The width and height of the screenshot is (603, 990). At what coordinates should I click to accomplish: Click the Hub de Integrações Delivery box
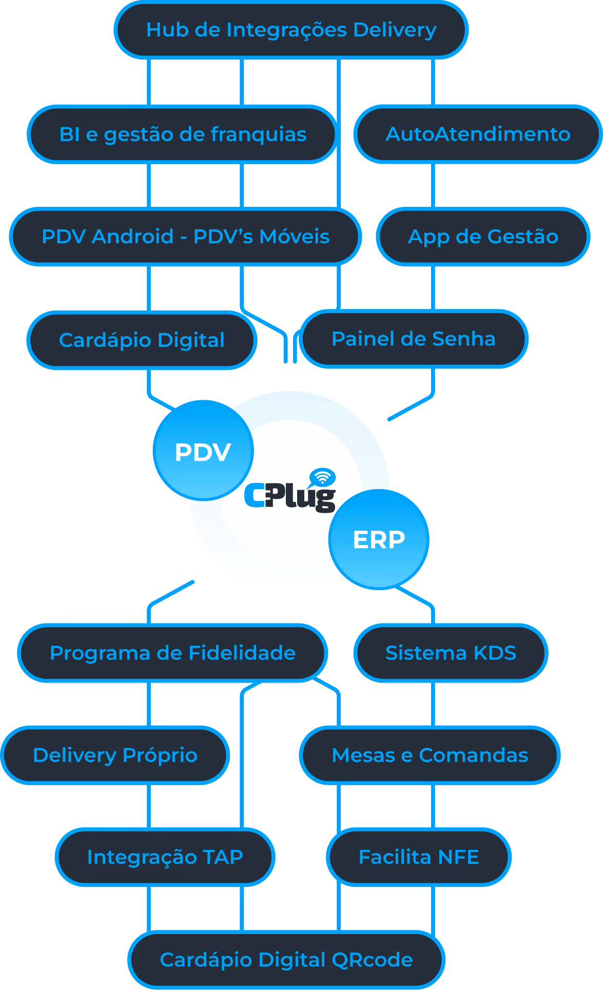291,30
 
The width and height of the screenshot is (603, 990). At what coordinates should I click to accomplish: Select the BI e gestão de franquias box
183,134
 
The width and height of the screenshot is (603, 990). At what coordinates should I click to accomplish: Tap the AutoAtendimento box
478,134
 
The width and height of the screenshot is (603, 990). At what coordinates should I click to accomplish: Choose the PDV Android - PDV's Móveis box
185,237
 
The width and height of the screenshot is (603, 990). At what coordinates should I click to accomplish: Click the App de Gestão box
483,237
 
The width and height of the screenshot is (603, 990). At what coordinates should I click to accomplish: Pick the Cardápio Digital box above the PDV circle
142,340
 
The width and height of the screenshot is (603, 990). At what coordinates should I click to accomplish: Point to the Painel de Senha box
414,339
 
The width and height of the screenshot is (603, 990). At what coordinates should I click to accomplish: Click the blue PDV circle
203,451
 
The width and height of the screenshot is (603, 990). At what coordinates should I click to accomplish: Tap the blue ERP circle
379,539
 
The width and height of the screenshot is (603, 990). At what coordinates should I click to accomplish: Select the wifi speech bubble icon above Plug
322,477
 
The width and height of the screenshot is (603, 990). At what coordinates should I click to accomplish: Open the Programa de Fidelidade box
172,653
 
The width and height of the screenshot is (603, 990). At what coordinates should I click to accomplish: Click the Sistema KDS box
451,653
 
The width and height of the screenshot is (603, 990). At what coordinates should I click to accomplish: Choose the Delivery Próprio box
115,755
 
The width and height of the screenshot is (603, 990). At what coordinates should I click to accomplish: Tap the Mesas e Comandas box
430,755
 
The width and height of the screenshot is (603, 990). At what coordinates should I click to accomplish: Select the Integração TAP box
165,857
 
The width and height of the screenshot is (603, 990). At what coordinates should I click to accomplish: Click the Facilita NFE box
419,857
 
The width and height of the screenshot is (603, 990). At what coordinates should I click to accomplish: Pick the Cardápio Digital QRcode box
286,960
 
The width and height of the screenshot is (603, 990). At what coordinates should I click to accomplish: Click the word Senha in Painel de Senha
463,339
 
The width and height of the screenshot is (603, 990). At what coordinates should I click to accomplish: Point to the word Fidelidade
242,653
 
